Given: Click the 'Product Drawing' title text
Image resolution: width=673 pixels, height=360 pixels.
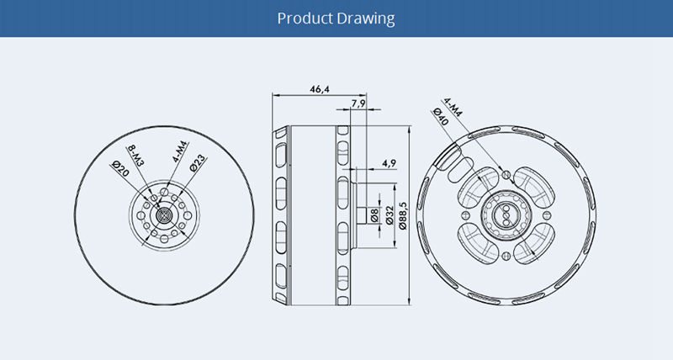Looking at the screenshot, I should coord(336,19).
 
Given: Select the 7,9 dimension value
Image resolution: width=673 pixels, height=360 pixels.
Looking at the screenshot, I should coord(357,103).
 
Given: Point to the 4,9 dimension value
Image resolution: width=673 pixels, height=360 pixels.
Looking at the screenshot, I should coord(389,162).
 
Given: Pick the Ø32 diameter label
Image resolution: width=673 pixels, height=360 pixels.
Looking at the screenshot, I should coord(389,216).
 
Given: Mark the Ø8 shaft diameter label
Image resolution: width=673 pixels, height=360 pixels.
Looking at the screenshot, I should coord(375,215).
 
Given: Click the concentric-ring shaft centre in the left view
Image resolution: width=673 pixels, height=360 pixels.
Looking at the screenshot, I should coord(164,214).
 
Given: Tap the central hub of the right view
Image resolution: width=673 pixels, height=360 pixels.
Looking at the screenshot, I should coord(505,214).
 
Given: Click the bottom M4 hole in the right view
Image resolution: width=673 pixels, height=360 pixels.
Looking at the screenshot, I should coord(505,256).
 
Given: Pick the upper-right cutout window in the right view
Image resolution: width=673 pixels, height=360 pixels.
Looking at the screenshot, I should coord(534,186).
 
